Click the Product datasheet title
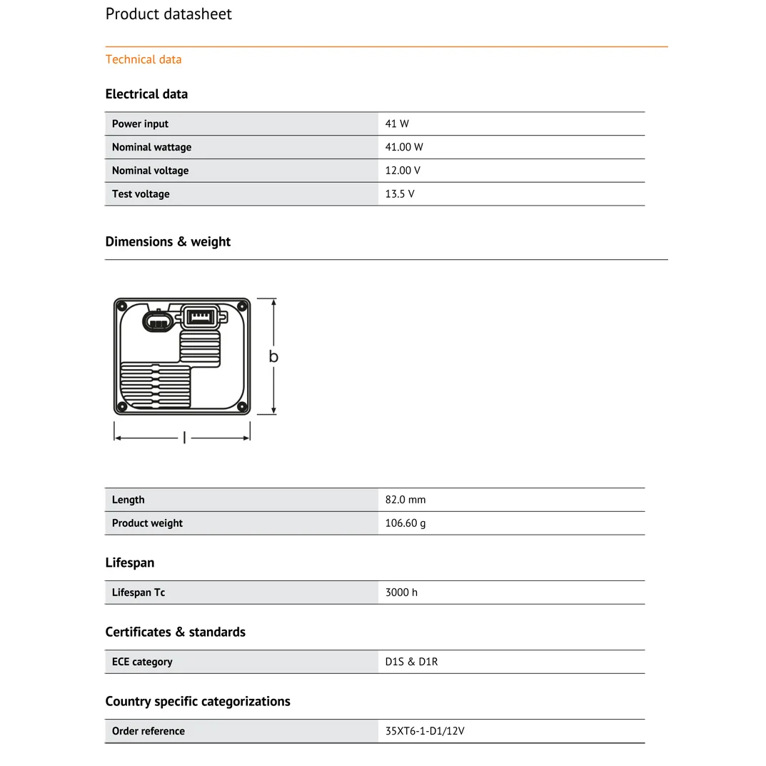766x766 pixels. pos(168,14)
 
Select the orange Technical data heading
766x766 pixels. pos(143,59)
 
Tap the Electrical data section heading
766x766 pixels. pos(146,94)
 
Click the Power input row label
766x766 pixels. pos(140,124)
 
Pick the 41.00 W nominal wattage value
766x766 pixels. pos(404,147)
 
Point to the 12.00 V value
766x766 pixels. pos(403,171)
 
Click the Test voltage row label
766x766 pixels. pos(141,194)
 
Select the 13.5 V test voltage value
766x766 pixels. pos(400,194)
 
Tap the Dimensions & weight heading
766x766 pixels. pos(168,242)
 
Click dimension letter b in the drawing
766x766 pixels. pos(273,357)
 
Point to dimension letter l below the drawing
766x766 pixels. pos(184,438)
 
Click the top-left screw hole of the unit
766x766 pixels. pos(122,307)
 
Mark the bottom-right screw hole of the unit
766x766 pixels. pos(242,407)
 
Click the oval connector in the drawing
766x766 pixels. pos(157,321)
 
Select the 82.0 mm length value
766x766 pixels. pos(405,500)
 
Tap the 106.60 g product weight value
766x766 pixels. pos(405,523)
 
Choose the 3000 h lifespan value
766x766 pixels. pos(401,593)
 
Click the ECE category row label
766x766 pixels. pos(142,662)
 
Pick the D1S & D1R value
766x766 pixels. pos(411,662)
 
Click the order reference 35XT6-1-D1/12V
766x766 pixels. pos(425,731)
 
